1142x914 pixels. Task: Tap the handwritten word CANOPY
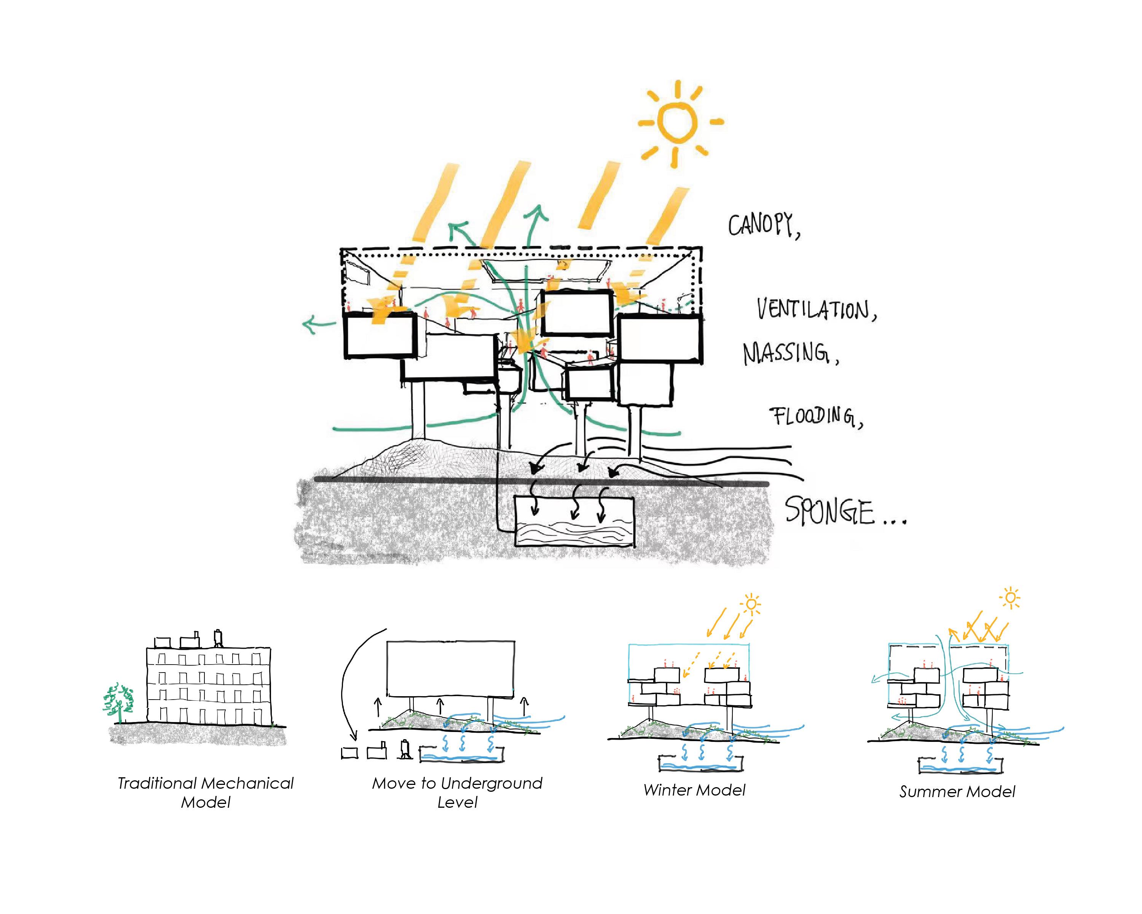(x=763, y=226)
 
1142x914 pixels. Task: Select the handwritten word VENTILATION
(x=816, y=310)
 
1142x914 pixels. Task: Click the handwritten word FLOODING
(x=816, y=417)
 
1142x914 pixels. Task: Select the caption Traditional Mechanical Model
(x=206, y=792)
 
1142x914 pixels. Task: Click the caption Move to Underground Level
(x=457, y=792)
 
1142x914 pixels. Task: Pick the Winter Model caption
(x=694, y=790)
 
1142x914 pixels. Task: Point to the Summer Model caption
(x=957, y=792)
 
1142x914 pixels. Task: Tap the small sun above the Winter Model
(x=751, y=604)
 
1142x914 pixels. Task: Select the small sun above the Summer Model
(x=1010, y=598)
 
